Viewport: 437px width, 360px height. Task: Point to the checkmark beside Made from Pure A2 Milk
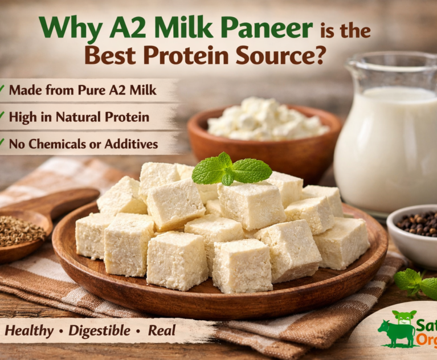(2, 89)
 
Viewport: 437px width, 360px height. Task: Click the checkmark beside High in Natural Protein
(2, 117)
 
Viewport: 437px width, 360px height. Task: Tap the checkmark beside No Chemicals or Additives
(2, 144)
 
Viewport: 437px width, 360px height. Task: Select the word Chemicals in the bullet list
(55, 144)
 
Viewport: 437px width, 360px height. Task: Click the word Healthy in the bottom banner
(29, 330)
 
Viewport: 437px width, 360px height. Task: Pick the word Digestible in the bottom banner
(101, 330)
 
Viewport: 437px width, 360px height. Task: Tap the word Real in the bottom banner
(161, 330)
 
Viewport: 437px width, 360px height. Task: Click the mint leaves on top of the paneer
(230, 169)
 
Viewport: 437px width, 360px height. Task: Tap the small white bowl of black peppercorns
(414, 228)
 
